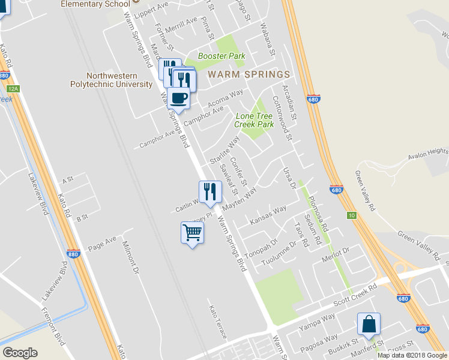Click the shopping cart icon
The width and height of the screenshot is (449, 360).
[192, 233]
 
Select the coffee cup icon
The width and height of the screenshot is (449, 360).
[178, 98]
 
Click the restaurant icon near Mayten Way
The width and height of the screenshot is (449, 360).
[210, 191]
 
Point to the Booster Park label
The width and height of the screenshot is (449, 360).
[221, 56]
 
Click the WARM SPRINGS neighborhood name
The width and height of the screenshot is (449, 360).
[249, 74]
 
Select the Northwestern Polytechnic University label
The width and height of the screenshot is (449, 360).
[119, 80]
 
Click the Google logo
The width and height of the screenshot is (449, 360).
[20, 353]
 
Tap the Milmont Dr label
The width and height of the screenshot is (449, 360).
[130, 258]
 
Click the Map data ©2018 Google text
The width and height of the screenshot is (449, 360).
[412, 355]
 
